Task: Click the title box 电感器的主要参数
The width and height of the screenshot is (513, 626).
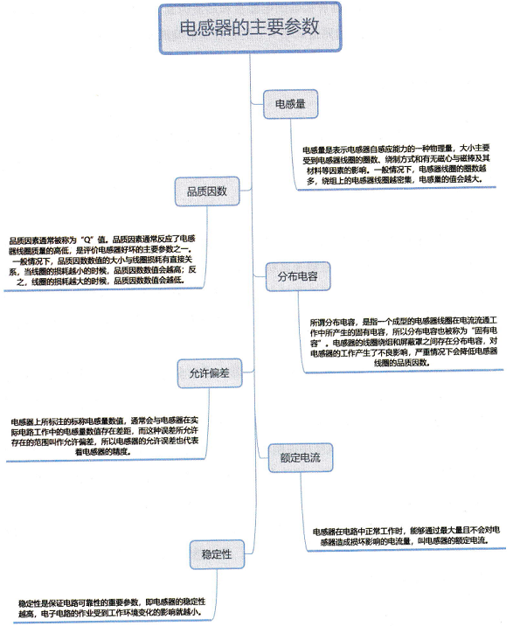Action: tap(250, 28)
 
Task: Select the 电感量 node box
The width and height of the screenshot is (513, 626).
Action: tap(291, 104)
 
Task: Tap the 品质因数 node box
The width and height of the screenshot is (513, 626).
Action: tap(207, 191)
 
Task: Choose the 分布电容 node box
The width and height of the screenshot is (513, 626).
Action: tap(298, 276)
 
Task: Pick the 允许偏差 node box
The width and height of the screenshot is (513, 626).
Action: tap(210, 373)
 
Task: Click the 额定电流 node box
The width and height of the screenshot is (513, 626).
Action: tap(301, 457)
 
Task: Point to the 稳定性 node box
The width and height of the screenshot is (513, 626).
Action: tap(217, 554)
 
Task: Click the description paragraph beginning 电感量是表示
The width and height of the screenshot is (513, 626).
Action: tap(396, 164)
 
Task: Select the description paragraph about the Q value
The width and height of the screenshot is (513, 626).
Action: tap(102, 260)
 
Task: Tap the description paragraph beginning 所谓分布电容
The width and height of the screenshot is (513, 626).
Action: tap(404, 342)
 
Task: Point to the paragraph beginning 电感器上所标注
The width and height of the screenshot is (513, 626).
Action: tap(105, 436)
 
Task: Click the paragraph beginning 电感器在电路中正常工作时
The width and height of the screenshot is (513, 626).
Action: tap(406, 536)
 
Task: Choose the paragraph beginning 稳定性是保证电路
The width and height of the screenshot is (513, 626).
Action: tap(112, 608)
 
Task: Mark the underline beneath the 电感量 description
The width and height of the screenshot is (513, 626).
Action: tap(397, 189)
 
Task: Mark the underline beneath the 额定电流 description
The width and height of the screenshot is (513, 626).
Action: tap(406, 550)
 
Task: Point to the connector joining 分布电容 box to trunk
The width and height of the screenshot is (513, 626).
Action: tap(260, 275)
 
